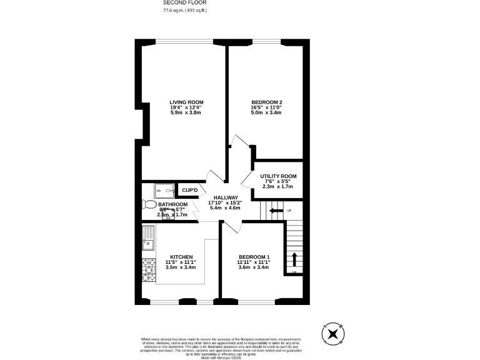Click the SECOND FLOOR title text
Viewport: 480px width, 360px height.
(x=185, y=2)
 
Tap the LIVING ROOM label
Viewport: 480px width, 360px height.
(x=186, y=102)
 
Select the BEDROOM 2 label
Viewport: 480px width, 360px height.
(x=267, y=102)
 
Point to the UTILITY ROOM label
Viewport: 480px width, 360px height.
(x=278, y=176)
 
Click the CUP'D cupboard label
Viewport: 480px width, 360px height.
(x=190, y=191)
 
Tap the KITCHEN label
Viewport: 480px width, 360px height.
(x=181, y=256)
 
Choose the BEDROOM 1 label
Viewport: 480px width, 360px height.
(x=254, y=257)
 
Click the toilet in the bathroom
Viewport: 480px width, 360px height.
(x=149, y=204)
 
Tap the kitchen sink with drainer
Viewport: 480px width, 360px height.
(x=148, y=238)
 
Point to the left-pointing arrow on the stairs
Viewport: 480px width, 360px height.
(x=275, y=211)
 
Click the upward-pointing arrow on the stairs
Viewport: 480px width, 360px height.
(x=294, y=259)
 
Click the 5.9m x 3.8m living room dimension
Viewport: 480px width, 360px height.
(x=186, y=113)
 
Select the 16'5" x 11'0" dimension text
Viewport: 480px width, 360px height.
(x=267, y=107)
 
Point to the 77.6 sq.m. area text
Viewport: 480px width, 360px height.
(x=184, y=11)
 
